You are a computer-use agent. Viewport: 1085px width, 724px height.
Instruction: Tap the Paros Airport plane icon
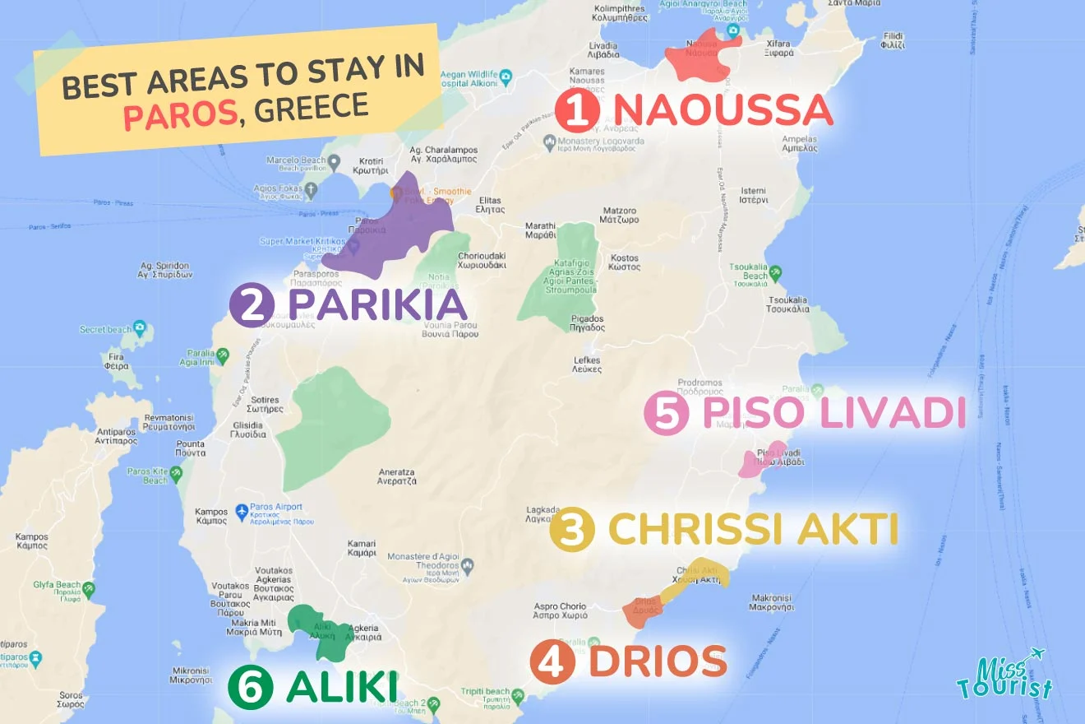[242, 512]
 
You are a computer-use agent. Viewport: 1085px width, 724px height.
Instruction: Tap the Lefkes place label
[586, 365]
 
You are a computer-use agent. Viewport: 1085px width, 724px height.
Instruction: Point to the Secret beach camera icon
[139, 328]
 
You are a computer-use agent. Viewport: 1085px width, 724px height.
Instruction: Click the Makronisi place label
[771, 602]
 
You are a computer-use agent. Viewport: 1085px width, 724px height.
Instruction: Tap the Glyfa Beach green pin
[88, 589]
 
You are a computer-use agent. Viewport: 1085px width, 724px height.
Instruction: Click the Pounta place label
[190, 448]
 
